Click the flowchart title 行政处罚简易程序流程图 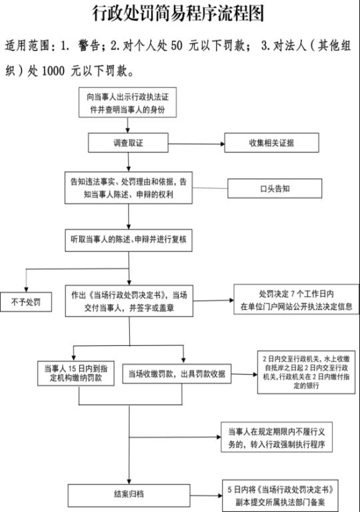coord(178,13)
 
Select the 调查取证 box coord(128,143)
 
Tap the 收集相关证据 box coord(271,143)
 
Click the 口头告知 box coord(275,189)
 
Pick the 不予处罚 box coord(26,302)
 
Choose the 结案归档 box coord(129,495)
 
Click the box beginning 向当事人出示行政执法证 coord(128,103)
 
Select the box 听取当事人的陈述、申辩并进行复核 coord(129,240)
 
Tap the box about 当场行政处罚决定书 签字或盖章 coord(129,301)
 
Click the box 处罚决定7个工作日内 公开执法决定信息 coord(296,299)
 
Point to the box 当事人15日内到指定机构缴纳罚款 coord(76,373)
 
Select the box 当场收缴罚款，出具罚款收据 coord(177,374)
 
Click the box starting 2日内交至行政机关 coord(306,372)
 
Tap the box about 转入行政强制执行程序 coord(277,437)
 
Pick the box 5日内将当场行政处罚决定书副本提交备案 coord(280,496)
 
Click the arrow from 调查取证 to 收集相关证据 coord(197,144)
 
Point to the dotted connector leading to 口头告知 coord(210,188)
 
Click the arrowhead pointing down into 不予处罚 coord(26,289)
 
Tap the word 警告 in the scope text coord(89,45)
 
